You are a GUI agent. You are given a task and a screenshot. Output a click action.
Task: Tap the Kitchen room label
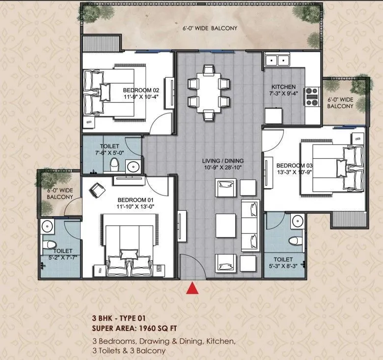284,87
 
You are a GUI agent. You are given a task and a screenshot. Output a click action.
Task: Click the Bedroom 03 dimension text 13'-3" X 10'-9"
294,172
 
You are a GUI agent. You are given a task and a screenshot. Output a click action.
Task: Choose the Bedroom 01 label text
136,200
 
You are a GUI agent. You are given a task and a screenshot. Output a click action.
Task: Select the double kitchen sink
277,60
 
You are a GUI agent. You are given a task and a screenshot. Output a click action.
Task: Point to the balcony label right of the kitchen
340,103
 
